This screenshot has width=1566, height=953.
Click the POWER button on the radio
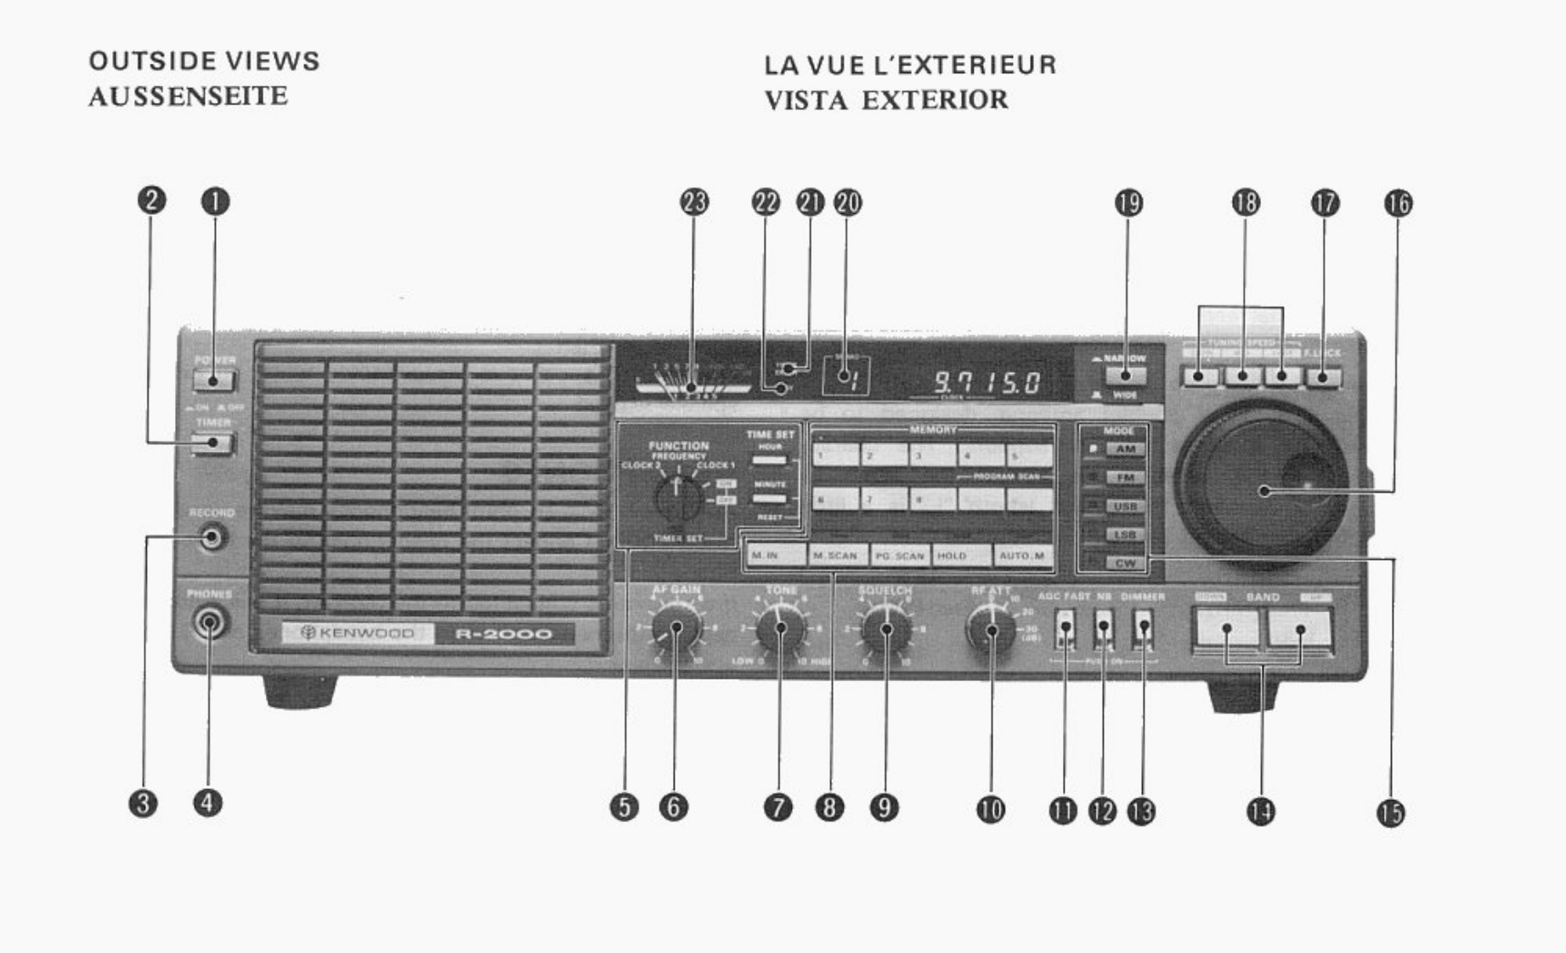coord(213,379)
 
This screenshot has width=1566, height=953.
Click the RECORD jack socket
coord(211,537)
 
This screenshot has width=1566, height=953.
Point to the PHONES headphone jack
coord(209,623)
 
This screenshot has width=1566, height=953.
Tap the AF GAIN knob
coord(676,629)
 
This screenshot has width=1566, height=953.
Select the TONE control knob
coord(781,629)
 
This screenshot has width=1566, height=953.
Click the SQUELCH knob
coord(885,629)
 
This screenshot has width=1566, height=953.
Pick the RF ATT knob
coord(991,629)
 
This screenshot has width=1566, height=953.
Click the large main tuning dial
coord(1263,488)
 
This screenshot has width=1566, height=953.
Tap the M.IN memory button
coord(775,555)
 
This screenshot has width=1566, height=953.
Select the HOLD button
coord(961,555)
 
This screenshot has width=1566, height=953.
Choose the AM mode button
coord(1125,449)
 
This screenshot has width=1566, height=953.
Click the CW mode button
coord(1125,563)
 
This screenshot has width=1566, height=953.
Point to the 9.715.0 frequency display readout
coord(987,382)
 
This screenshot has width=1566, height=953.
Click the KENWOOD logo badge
coord(358,633)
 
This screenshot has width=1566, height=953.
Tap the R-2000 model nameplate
coord(503,634)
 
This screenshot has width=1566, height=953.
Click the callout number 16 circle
coord(1398,203)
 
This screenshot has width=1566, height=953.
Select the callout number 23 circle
coord(694,202)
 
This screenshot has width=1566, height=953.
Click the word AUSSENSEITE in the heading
coord(188,96)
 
